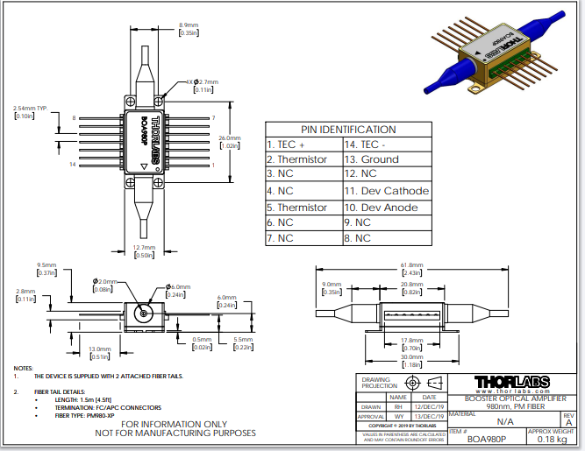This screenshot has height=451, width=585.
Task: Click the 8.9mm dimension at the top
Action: [189, 25]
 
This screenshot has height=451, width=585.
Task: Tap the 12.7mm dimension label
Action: [144, 249]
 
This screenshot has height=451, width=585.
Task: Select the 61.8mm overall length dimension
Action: [411, 264]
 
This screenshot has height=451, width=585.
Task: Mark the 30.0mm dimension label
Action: [411, 356]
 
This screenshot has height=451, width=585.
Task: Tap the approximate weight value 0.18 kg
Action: [553, 440]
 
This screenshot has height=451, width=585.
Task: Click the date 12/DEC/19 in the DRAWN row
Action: [429, 407]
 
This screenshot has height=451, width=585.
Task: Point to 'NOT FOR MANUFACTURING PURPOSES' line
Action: [175, 433]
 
